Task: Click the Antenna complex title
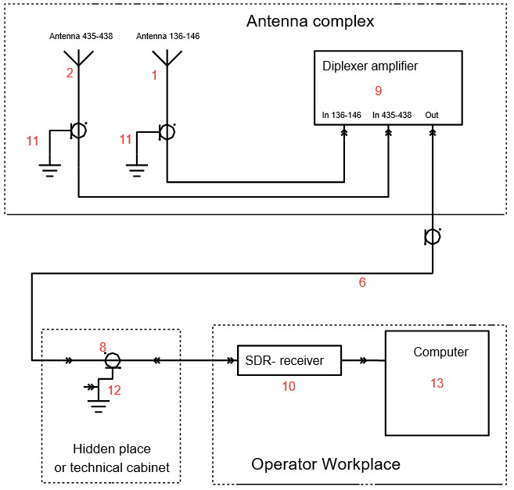310,21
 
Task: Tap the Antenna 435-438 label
81,36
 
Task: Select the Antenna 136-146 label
168,36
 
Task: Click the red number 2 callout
70,73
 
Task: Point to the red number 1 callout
154,75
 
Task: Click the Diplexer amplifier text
369,66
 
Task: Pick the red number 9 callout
379,91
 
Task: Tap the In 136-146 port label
342,116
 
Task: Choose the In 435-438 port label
392,116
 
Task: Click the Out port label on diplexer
432,116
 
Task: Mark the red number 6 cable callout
362,283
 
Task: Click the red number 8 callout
102,346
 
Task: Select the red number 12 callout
114,390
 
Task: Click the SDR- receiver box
290,360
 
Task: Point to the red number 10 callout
290,387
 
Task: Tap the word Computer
441,352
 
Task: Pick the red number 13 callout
437,383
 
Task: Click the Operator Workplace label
325,465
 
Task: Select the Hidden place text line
112,449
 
